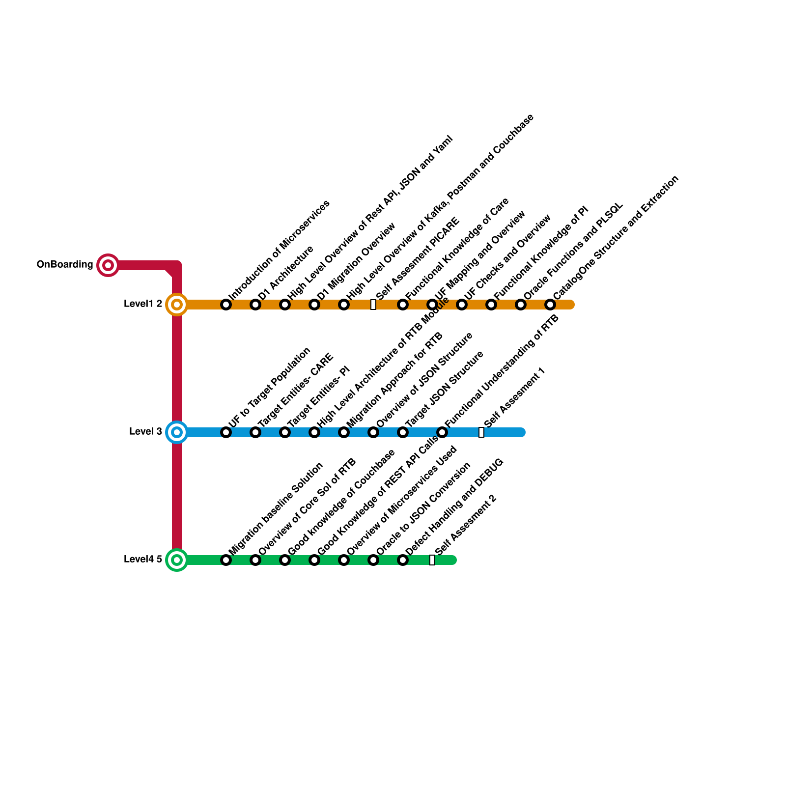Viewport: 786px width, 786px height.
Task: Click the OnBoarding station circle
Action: (108, 265)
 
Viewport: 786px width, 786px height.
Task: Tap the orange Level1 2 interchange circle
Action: (177, 305)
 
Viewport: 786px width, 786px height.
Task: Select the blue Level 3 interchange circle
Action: (177, 432)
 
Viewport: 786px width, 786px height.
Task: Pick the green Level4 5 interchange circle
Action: (177, 560)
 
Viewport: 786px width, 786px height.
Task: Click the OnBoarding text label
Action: (65, 265)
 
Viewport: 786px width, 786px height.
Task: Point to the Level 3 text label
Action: (145, 432)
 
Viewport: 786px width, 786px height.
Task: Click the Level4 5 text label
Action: (143, 560)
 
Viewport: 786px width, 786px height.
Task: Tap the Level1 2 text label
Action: (143, 304)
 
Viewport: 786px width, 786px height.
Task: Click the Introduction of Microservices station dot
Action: (226, 305)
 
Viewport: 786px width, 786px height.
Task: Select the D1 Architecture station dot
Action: (255, 305)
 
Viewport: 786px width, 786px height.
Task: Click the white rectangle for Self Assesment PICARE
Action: (373, 305)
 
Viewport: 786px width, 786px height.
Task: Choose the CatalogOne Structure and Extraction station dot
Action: (550, 305)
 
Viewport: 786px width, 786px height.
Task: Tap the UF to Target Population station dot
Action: (226, 432)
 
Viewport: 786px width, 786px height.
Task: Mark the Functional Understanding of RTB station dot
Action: (442, 432)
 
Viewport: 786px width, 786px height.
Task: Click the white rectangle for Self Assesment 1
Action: (481, 432)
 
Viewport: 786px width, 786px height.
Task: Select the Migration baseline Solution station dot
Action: (226, 560)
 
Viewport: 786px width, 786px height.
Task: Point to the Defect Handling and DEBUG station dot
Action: (403, 560)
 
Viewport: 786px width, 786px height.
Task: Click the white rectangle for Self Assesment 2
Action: (432, 560)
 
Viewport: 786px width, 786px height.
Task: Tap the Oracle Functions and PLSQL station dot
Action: (521, 305)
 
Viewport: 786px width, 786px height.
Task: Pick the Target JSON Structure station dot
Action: (403, 432)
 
